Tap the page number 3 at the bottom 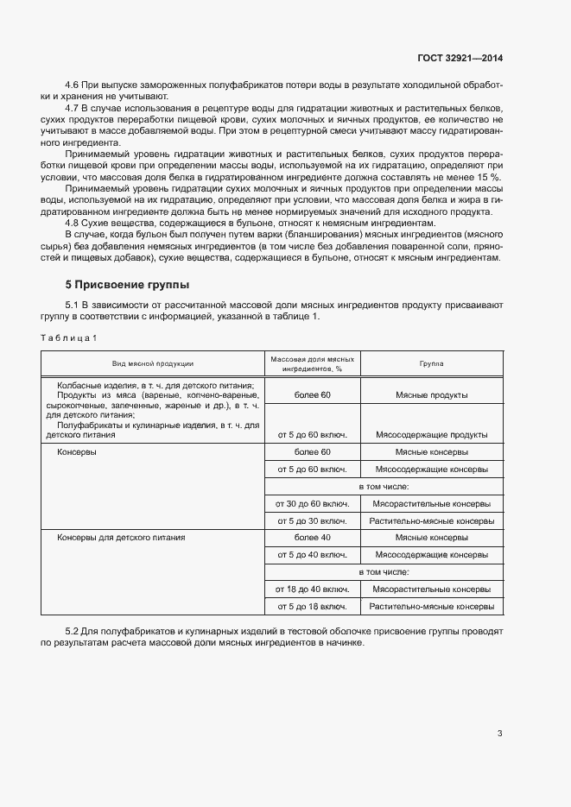[499, 734]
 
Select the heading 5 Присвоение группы [128, 285]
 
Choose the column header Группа [431, 363]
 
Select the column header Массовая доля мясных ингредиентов [312, 363]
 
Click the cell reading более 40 [312, 537]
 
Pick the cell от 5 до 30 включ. [312, 520]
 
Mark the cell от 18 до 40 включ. [312, 589]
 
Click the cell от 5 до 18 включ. [312, 607]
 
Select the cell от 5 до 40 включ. [312, 554]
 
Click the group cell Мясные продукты [431, 394]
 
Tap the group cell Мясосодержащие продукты [431, 434]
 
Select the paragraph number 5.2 [73, 632]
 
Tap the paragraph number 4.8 [73, 223]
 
